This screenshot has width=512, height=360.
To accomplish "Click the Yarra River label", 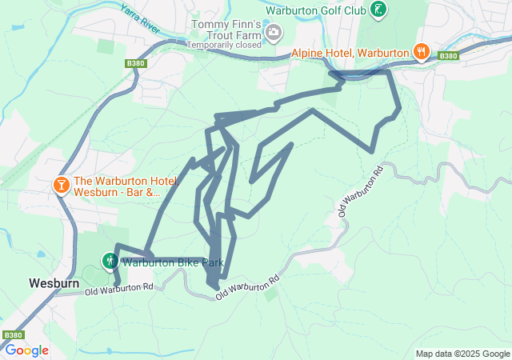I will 137,18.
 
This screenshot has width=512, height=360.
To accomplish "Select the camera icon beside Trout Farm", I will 274,33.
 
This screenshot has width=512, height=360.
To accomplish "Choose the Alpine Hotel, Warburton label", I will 350,53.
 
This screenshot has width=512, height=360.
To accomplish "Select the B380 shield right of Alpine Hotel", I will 449,56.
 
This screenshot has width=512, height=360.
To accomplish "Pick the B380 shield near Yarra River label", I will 137,62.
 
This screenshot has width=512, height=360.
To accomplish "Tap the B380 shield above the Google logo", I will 13,335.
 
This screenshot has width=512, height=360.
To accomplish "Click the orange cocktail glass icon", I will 61,186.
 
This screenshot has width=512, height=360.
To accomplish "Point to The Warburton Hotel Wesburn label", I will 117,186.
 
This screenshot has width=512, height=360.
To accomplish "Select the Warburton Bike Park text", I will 171,262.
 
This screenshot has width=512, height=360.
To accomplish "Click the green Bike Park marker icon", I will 109,261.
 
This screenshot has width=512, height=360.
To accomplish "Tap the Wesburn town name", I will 52,283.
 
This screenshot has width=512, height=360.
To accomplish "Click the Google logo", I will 26,350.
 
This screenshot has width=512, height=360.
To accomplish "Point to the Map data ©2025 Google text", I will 462,354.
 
